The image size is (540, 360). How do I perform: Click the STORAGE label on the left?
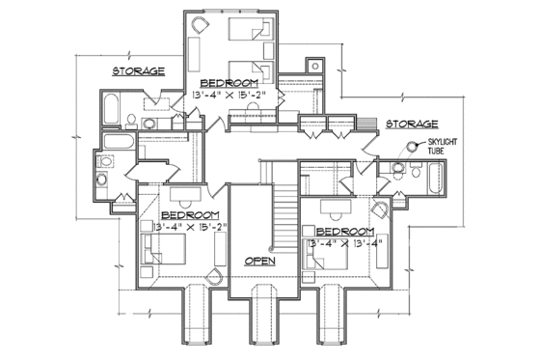click(138, 70)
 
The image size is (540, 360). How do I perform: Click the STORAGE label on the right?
click(412, 125)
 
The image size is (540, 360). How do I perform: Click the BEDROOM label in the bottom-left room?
click(190, 214)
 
